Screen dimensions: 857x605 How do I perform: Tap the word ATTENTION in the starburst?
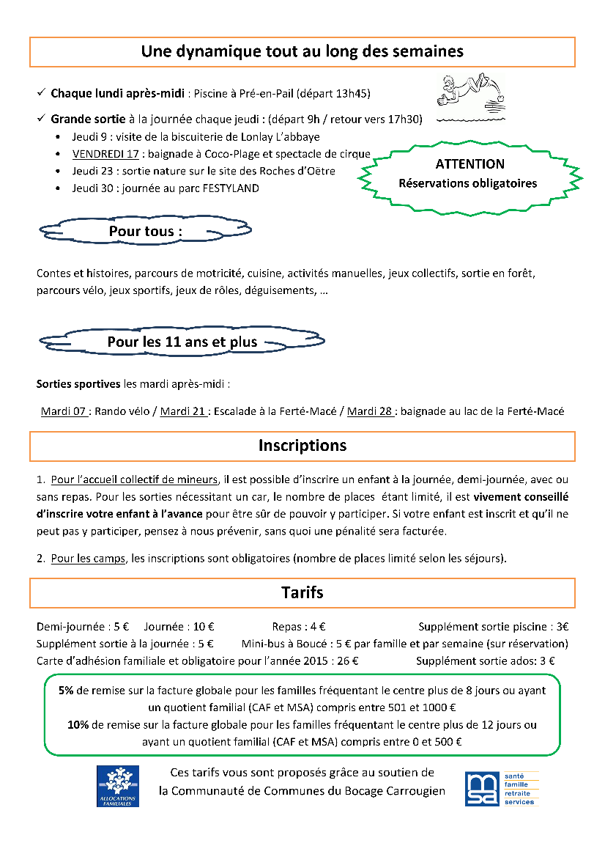pyautogui.click(x=469, y=164)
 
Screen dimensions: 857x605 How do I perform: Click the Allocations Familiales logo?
pyautogui.click(x=118, y=786)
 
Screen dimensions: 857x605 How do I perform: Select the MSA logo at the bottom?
pyautogui.click(x=502, y=788)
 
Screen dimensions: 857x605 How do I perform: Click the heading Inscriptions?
pyautogui.click(x=302, y=446)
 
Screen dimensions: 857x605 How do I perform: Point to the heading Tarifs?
pyautogui.click(x=302, y=592)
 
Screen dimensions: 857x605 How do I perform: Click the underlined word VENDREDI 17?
pyautogui.click(x=105, y=154)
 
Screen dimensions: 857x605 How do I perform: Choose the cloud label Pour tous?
pyautogui.click(x=145, y=231)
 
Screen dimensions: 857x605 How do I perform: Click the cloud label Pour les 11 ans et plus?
pyautogui.click(x=182, y=342)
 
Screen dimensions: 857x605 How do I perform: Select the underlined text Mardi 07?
pyautogui.click(x=64, y=411)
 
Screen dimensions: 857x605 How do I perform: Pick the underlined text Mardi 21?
pyautogui.click(x=182, y=411)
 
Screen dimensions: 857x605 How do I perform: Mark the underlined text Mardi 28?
pyautogui.click(x=370, y=411)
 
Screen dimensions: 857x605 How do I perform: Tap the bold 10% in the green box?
pyautogui.click(x=78, y=725)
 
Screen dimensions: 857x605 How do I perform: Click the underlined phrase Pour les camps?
pyautogui.click(x=88, y=559)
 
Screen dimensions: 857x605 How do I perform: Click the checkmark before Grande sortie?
pyautogui.click(x=41, y=119)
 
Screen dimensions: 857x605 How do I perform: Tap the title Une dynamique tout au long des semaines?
pyautogui.click(x=302, y=51)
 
